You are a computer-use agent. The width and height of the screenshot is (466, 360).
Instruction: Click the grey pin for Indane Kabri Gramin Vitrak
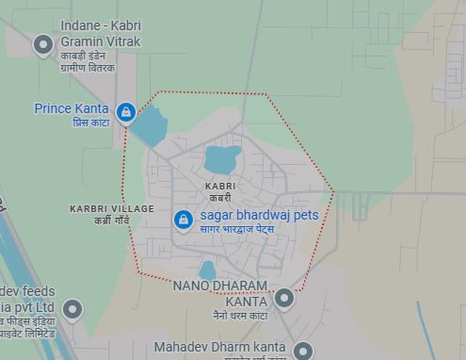click(x=42, y=43)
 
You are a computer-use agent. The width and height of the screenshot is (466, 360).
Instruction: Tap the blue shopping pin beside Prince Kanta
click(x=125, y=112)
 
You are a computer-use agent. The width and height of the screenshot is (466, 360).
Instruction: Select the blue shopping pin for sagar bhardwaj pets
click(x=183, y=219)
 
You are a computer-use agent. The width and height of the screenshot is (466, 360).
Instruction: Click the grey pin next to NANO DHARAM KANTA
click(x=284, y=299)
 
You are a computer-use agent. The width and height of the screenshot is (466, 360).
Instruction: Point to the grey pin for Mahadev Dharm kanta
click(x=302, y=350)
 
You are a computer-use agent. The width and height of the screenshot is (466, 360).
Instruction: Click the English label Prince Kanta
click(x=72, y=108)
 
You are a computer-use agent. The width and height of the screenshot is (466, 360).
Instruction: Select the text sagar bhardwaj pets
click(x=259, y=215)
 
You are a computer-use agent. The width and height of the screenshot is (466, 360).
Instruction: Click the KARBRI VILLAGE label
click(x=104, y=207)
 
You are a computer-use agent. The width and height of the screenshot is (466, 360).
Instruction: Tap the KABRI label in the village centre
click(x=220, y=187)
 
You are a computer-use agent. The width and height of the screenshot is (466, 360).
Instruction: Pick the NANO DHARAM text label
click(x=220, y=285)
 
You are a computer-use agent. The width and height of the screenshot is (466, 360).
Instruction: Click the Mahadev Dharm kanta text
click(x=219, y=347)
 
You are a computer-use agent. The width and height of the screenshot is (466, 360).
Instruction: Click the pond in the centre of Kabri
click(x=222, y=158)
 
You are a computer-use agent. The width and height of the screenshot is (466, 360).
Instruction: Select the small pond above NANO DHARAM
click(x=208, y=270)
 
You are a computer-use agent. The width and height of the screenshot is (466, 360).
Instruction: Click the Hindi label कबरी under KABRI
click(x=220, y=198)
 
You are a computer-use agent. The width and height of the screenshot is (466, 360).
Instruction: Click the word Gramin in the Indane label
click(x=84, y=41)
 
